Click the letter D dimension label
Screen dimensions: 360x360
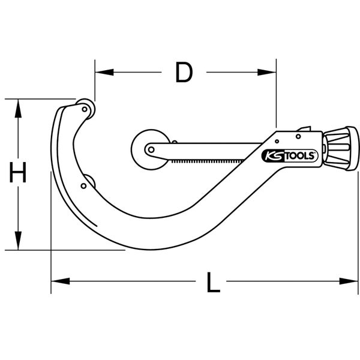(184, 73)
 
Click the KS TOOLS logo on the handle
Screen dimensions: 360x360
(286, 154)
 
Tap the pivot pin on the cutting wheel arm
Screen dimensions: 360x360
(151, 149)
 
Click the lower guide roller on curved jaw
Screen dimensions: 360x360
(88, 181)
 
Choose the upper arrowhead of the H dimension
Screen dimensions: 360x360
(19, 104)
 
